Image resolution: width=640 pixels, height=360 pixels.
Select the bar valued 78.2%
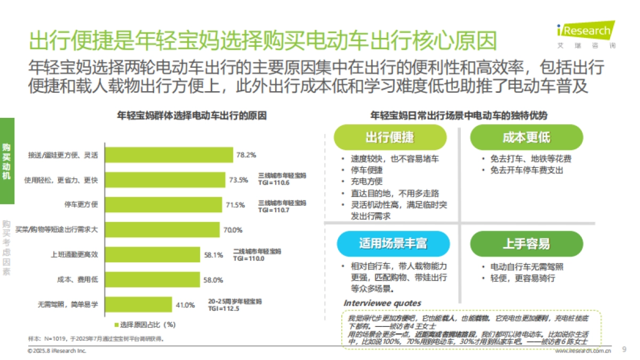169,155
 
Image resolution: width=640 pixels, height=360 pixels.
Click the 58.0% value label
213,280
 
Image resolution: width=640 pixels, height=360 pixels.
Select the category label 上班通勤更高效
74,255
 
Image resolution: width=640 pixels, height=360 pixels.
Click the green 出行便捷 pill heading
389,137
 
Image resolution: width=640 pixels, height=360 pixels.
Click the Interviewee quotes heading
382,303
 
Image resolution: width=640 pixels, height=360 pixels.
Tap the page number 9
624,350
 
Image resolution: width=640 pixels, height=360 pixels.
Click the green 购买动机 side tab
6,161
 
